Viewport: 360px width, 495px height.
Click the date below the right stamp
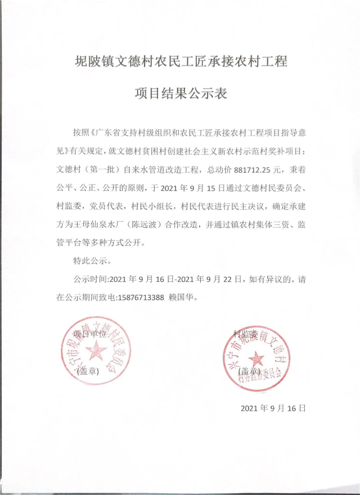coord(273,408)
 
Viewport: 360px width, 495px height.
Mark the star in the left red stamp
coord(97,352)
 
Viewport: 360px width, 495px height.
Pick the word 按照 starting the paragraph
coord(81,133)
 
